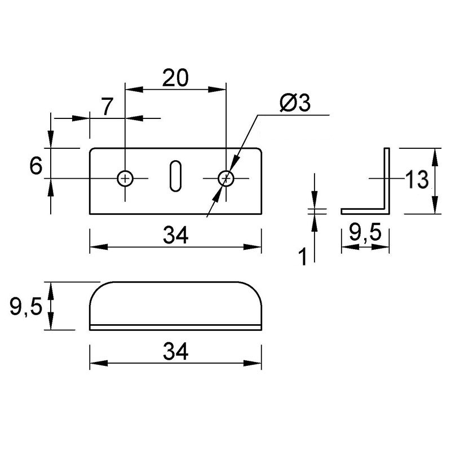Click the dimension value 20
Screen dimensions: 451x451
175,78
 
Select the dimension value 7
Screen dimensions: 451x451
107,107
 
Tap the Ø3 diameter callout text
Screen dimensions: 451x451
295,103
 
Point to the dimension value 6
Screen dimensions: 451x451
36,166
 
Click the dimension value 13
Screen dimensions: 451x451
417,179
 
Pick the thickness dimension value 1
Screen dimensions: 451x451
303,257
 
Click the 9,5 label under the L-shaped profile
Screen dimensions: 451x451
365,233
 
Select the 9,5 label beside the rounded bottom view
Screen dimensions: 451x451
26,307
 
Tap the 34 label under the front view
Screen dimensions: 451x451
175,235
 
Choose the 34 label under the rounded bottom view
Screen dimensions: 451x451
175,351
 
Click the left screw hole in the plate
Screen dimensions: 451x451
125,179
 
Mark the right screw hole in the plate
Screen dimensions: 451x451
226,179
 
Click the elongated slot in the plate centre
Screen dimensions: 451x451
175,176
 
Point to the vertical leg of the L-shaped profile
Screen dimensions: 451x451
387,181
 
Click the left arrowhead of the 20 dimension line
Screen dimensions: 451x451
134,90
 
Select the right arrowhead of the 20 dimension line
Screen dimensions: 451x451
217,90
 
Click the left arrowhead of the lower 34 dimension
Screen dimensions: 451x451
99,363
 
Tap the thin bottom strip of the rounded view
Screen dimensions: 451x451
175,328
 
